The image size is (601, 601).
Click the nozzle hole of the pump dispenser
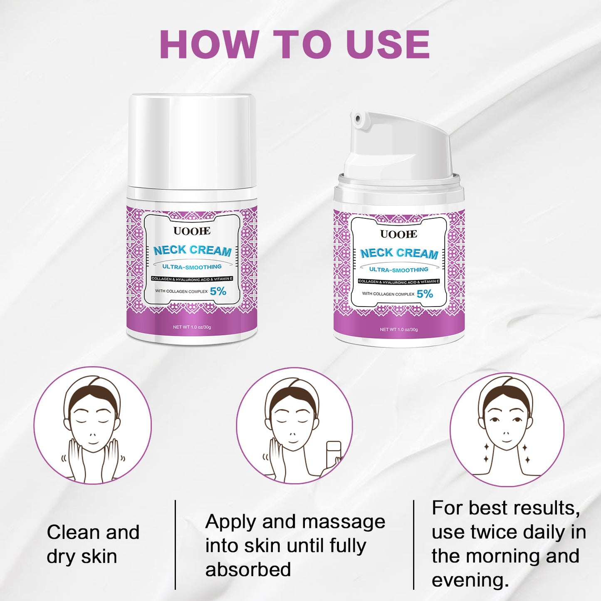pyautogui.click(x=358, y=118)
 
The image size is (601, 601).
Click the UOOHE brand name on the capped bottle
pyautogui.click(x=192, y=231)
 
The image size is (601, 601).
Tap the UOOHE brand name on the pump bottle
pyautogui.click(x=398, y=234)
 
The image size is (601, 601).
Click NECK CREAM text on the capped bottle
pyautogui.click(x=192, y=250)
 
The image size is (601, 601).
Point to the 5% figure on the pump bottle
pyautogui.click(x=425, y=294)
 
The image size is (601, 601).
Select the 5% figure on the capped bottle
pyautogui.click(x=218, y=291)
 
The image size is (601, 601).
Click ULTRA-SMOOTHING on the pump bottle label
pyautogui.click(x=399, y=270)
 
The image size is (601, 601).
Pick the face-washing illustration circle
pyautogui.click(x=93, y=425)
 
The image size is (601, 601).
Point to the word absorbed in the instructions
pyautogui.click(x=248, y=569)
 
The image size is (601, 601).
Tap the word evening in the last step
pyautogui.click(x=468, y=581)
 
